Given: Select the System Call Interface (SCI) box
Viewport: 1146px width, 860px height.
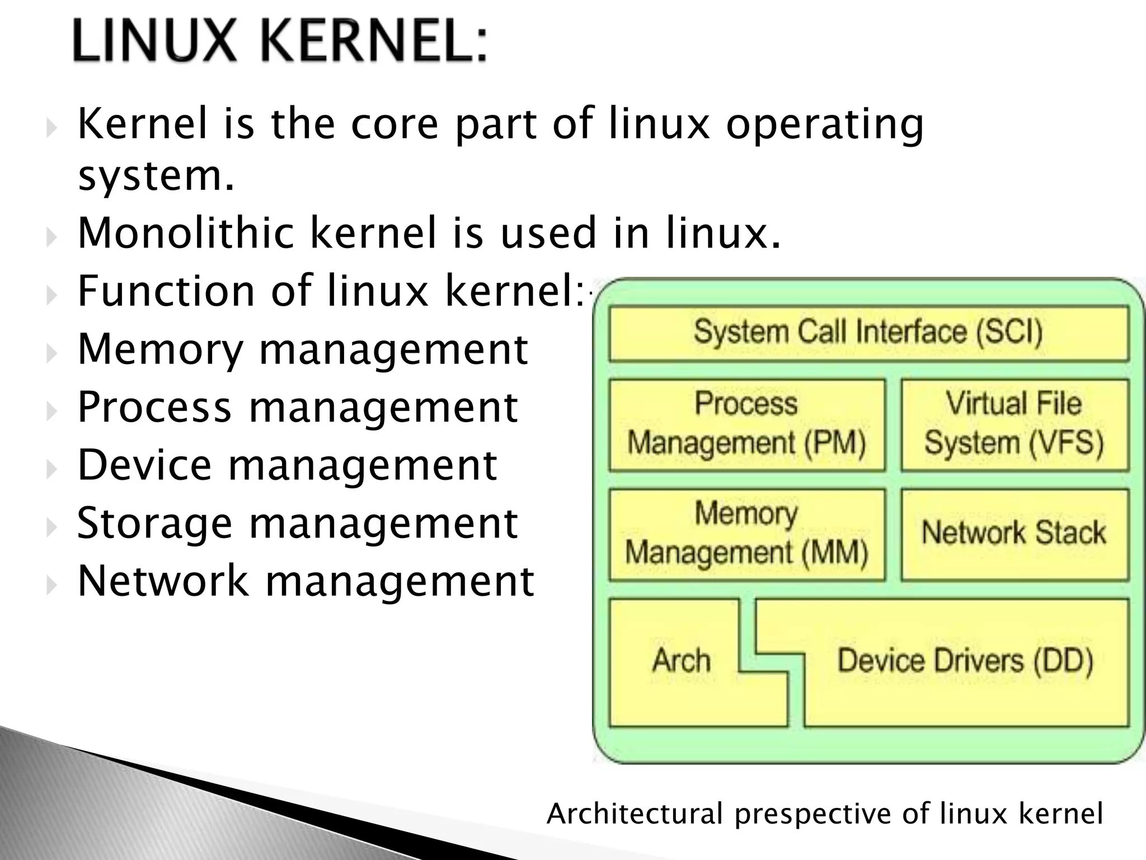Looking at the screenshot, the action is point(868,333).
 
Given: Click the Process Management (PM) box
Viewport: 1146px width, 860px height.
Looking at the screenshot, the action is point(746,424).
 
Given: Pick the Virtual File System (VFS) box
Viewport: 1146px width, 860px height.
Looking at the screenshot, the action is point(1014,424).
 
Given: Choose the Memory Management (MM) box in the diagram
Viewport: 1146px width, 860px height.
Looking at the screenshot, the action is point(746,534).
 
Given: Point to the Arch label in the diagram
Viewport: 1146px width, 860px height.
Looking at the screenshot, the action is point(681,661).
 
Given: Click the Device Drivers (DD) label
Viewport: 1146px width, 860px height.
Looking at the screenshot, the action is point(965,661).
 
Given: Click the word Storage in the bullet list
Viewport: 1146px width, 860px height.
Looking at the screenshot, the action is point(154,524).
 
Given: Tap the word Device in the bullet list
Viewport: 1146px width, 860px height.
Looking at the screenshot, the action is point(144,465).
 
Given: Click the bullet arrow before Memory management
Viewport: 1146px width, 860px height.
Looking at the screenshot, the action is point(51,353).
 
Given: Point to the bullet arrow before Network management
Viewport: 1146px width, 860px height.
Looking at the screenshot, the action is point(51,586).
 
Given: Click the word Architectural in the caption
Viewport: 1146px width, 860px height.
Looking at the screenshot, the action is point(635,814).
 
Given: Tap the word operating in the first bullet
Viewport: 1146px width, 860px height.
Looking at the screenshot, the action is point(825,125).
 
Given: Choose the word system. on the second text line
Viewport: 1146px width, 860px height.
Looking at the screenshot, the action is point(156,176).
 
